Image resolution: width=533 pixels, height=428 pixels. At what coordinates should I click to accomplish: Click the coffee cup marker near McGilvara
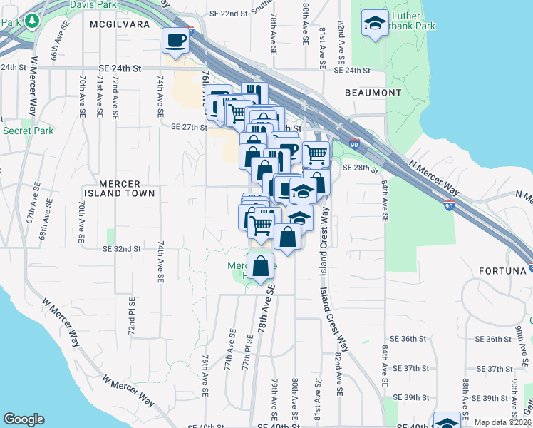pos(175,40)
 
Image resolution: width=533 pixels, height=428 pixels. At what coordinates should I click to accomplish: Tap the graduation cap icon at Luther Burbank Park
pos(375,24)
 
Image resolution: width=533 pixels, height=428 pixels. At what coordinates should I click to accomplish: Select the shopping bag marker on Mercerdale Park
pos(262,265)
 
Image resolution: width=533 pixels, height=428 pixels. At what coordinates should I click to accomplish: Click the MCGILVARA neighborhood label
pos(120,24)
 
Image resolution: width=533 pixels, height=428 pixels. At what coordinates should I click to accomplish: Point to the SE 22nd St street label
pos(227,14)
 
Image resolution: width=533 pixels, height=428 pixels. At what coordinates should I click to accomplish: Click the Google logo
pos(24,419)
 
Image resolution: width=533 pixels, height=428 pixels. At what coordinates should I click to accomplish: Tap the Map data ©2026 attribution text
pos(502,422)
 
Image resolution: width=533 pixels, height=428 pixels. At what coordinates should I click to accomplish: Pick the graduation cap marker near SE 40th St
pos(447,422)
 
